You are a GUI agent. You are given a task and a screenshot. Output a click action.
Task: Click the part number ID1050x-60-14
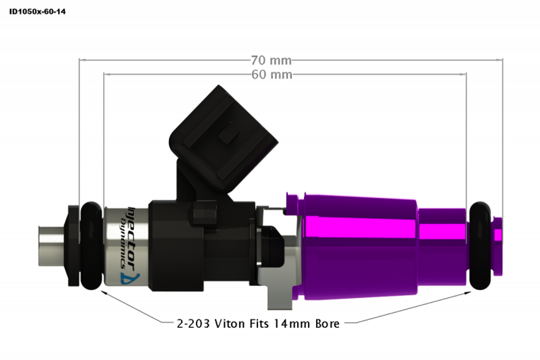pos(38,11)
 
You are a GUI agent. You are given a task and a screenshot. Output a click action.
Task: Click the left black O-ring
pos(91,246)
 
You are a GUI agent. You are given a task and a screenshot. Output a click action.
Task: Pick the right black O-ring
pos(480,246)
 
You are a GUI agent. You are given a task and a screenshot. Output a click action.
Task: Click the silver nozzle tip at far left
pos(51,246)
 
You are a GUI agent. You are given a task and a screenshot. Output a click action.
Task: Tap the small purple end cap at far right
pos(497,246)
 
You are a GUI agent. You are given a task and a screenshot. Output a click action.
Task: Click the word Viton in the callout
pos(230,324)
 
